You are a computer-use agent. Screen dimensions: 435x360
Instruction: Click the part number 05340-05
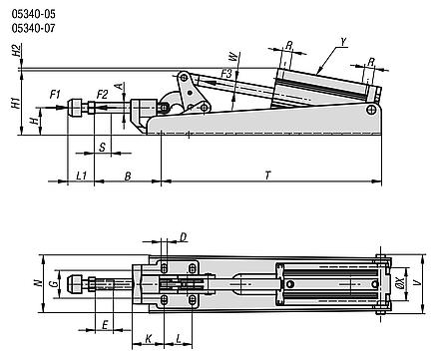point(34,14)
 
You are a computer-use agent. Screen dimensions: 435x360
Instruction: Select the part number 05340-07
point(34,28)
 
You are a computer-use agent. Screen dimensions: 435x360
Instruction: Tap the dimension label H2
point(17,52)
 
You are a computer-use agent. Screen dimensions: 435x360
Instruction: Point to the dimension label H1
point(16,103)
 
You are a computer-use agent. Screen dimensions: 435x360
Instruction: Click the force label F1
point(55,95)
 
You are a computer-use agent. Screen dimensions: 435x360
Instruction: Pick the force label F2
point(103,95)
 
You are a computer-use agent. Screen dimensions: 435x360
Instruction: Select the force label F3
point(226,73)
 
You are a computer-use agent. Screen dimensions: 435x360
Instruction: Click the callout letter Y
point(344,42)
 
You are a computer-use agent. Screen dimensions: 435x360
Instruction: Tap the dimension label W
point(234,57)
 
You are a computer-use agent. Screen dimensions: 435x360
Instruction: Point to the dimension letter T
point(268,176)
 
